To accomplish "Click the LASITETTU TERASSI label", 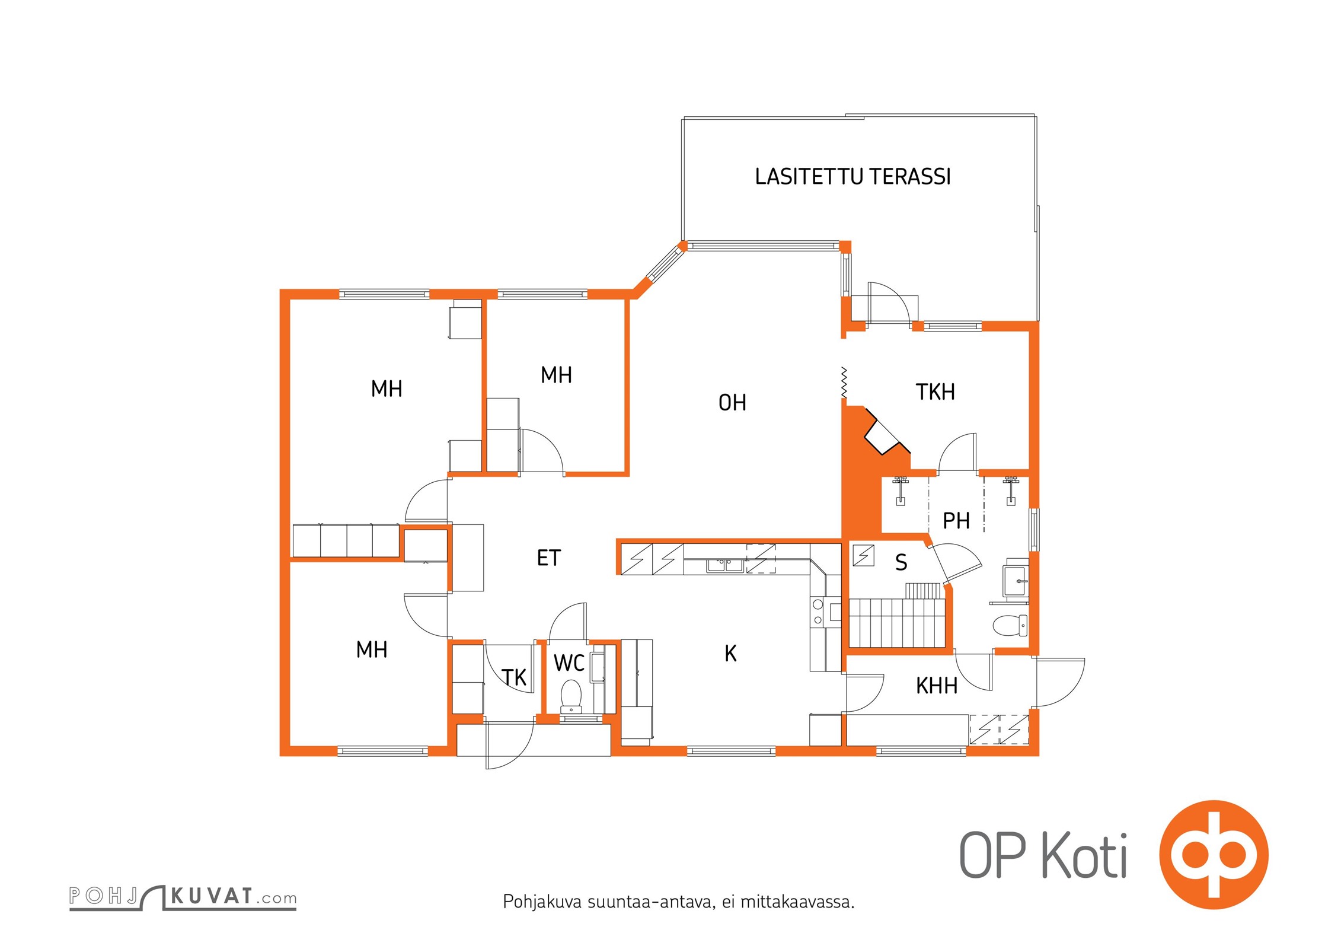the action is point(853,177).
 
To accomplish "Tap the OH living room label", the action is point(732,403).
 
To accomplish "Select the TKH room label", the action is point(935,392).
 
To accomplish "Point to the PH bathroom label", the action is point(956,521).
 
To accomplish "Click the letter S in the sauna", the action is point(901,562).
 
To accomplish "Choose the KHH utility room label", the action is point(937,686).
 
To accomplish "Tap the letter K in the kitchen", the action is point(730,654).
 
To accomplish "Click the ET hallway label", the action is point(548,558).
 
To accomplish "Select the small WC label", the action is point(569,663).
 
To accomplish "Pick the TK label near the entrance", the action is point(514,677).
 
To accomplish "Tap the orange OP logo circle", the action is point(1214,855).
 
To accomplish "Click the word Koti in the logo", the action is point(1084,856).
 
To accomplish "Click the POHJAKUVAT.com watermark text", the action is point(183,896).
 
